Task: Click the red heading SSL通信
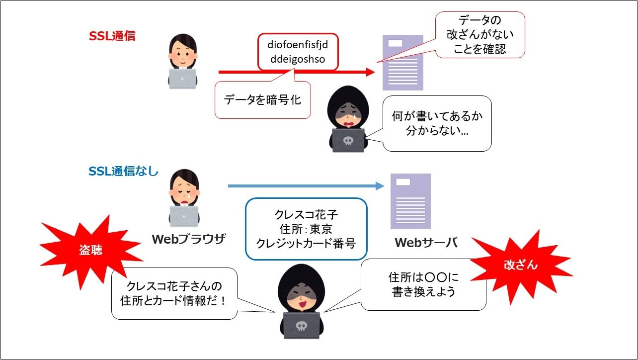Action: (x=112, y=36)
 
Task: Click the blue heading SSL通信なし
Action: (x=123, y=172)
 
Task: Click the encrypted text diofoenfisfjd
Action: (x=298, y=46)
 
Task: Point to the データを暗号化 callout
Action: (x=262, y=99)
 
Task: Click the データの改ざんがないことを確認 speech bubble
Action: (x=480, y=35)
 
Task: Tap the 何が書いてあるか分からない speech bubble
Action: (x=437, y=124)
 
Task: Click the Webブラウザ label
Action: (x=188, y=239)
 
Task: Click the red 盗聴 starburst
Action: (x=90, y=250)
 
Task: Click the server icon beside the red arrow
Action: (x=402, y=62)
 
